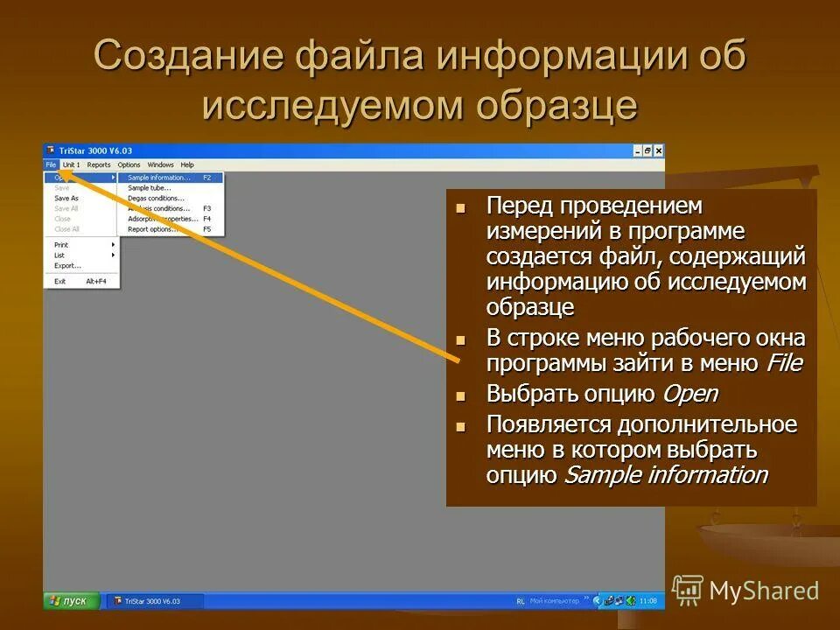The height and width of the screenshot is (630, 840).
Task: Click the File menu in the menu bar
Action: click(x=51, y=164)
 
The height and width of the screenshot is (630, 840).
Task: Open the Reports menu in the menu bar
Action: click(x=99, y=164)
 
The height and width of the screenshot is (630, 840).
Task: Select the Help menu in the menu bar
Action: click(x=187, y=164)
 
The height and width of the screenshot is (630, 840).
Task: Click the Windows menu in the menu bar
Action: click(x=160, y=164)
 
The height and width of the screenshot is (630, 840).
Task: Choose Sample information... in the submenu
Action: click(x=159, y=178)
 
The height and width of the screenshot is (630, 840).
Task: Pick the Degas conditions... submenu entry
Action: click(x=156, y=199)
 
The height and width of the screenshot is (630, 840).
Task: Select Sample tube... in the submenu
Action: click(x=150, y=188)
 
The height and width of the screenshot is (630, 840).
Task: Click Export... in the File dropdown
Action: click(x=67, y=265)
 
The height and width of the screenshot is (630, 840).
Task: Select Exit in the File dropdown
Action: click(x=59, y=281)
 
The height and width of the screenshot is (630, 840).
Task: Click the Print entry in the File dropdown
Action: click(x=61, y=245)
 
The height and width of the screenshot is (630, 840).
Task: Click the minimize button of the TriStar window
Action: click(x=637, y=150)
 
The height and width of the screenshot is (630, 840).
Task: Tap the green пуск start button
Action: click(x=70, y=601)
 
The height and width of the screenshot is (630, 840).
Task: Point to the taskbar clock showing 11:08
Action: click(x=648, y=601)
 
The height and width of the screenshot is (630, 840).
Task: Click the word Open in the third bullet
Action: click(x=689, y=394)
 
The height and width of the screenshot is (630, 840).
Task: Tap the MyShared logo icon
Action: click(x=688, y=590)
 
